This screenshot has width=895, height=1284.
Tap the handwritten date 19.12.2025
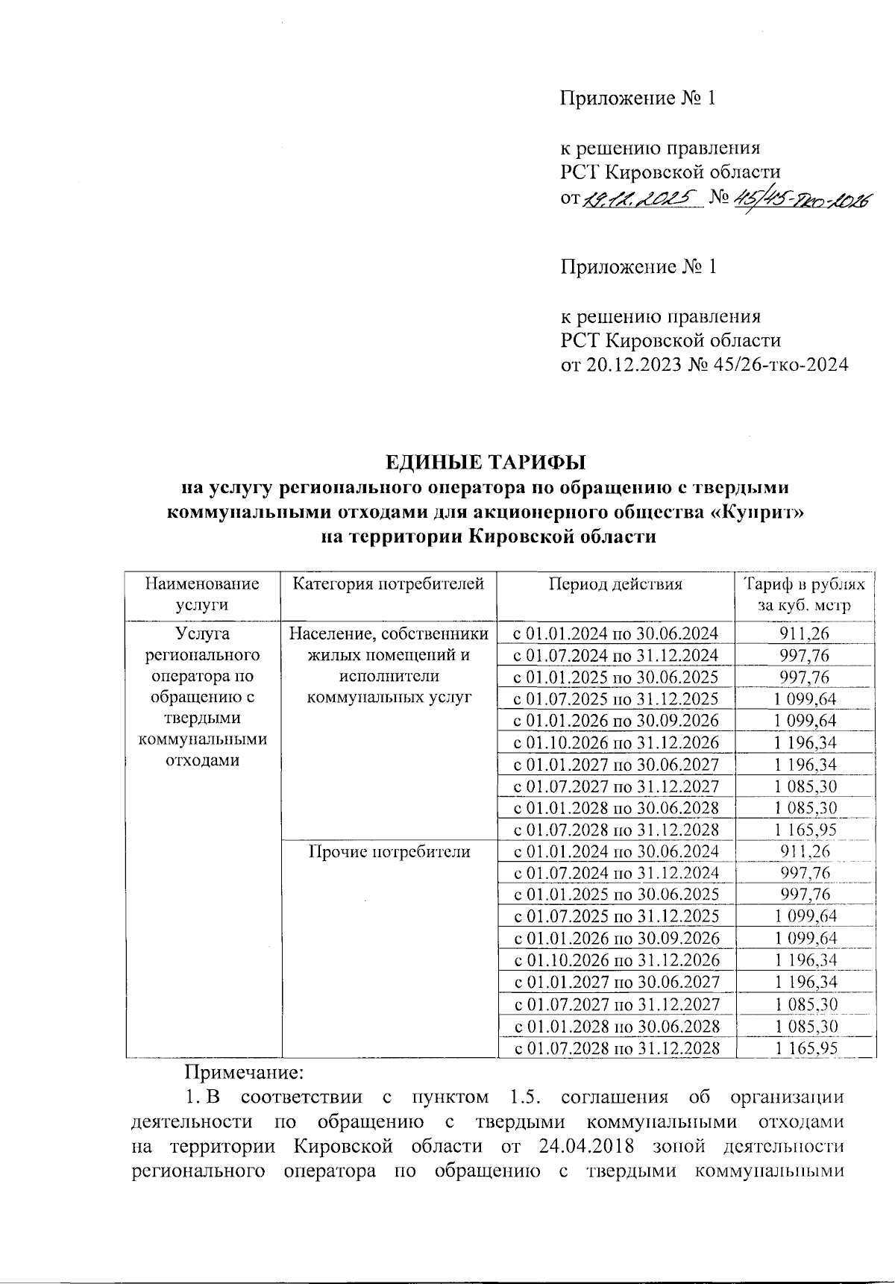point(641,198)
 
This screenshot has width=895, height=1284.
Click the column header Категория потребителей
point(389,584)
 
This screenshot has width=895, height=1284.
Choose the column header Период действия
point(615,584)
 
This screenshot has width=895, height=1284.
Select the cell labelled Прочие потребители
point(389,852)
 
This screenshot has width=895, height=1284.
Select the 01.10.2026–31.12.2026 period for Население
point(615,743)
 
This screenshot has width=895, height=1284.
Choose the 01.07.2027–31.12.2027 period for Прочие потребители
point(615,1004)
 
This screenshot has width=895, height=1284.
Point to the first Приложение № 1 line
point(638,98)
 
